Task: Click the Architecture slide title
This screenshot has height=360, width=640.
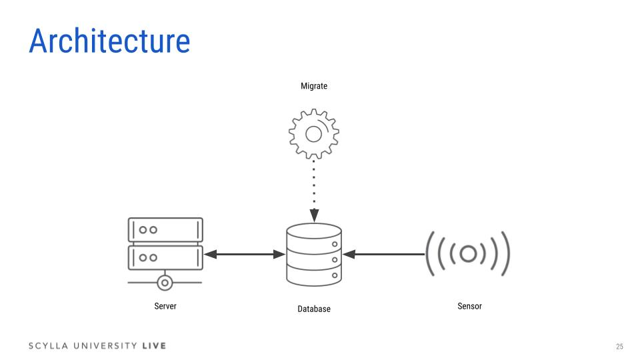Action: point(109,41)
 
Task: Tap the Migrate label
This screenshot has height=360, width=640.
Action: point(314,86)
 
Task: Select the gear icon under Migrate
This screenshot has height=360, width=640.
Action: point(314,133)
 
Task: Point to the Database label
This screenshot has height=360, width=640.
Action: point(314,309)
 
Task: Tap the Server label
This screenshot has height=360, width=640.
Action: point(165,306)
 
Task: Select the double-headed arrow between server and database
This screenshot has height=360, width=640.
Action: point(244,254)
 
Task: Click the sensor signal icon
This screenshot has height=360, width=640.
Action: point(468,254)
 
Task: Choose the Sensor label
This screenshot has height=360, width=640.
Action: point(469,306)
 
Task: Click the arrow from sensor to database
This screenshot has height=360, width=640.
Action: point(383,254)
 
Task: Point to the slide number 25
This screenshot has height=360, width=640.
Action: point(619,346)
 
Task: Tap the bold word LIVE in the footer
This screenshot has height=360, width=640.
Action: point(154,346)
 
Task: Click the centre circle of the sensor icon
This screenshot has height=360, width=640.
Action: point(468,254)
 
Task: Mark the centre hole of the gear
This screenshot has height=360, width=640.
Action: point(314,133)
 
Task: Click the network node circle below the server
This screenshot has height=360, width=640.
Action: point(165,282)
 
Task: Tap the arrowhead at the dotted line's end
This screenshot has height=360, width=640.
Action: point(314,217)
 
